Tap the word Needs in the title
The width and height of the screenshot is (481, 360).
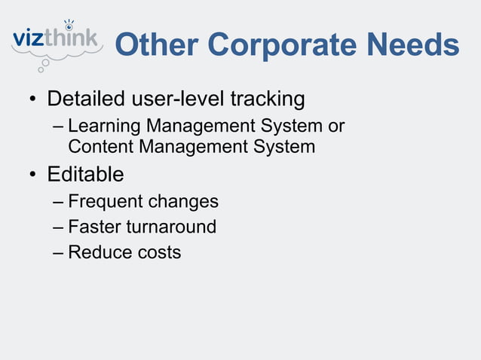(x=412, y=46)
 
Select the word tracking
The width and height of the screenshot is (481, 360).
(x=268, y=99)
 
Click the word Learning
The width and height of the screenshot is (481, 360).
(x=103, y=124)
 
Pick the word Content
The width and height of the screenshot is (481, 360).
(x=100, y=146)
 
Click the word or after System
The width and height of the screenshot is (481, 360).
(x=335, y=124)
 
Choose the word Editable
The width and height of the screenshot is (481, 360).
(x=85, y=175)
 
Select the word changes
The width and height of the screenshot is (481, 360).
(x=183, y=202)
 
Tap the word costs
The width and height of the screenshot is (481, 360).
(x=156, y=252)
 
